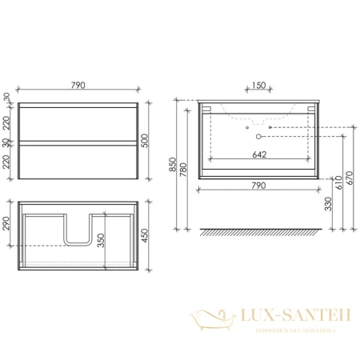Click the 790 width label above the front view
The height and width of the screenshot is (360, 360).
[78, 84]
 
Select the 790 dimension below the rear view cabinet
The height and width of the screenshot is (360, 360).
[258, 186]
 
